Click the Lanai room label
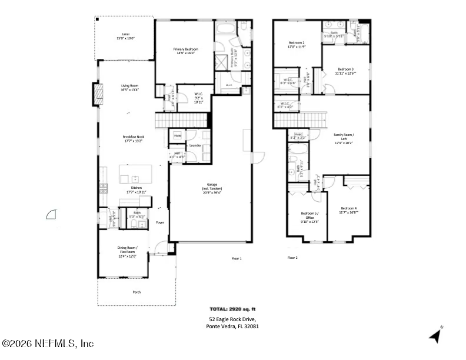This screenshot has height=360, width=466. pos(125,36)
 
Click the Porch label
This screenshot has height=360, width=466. pos(137,292)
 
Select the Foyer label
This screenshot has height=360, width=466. pos(159,222)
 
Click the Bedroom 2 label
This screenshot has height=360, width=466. pos(297,44)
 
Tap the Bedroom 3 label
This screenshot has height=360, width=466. pos(345,71)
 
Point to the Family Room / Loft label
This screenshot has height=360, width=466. pos(344,139)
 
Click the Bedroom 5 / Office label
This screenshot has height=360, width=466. pos(310,217)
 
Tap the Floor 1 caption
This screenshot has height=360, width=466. pos(237,258)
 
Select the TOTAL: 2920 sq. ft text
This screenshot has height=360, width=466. pos(232,308)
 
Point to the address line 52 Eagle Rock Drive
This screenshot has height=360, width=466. pos(232,319)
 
